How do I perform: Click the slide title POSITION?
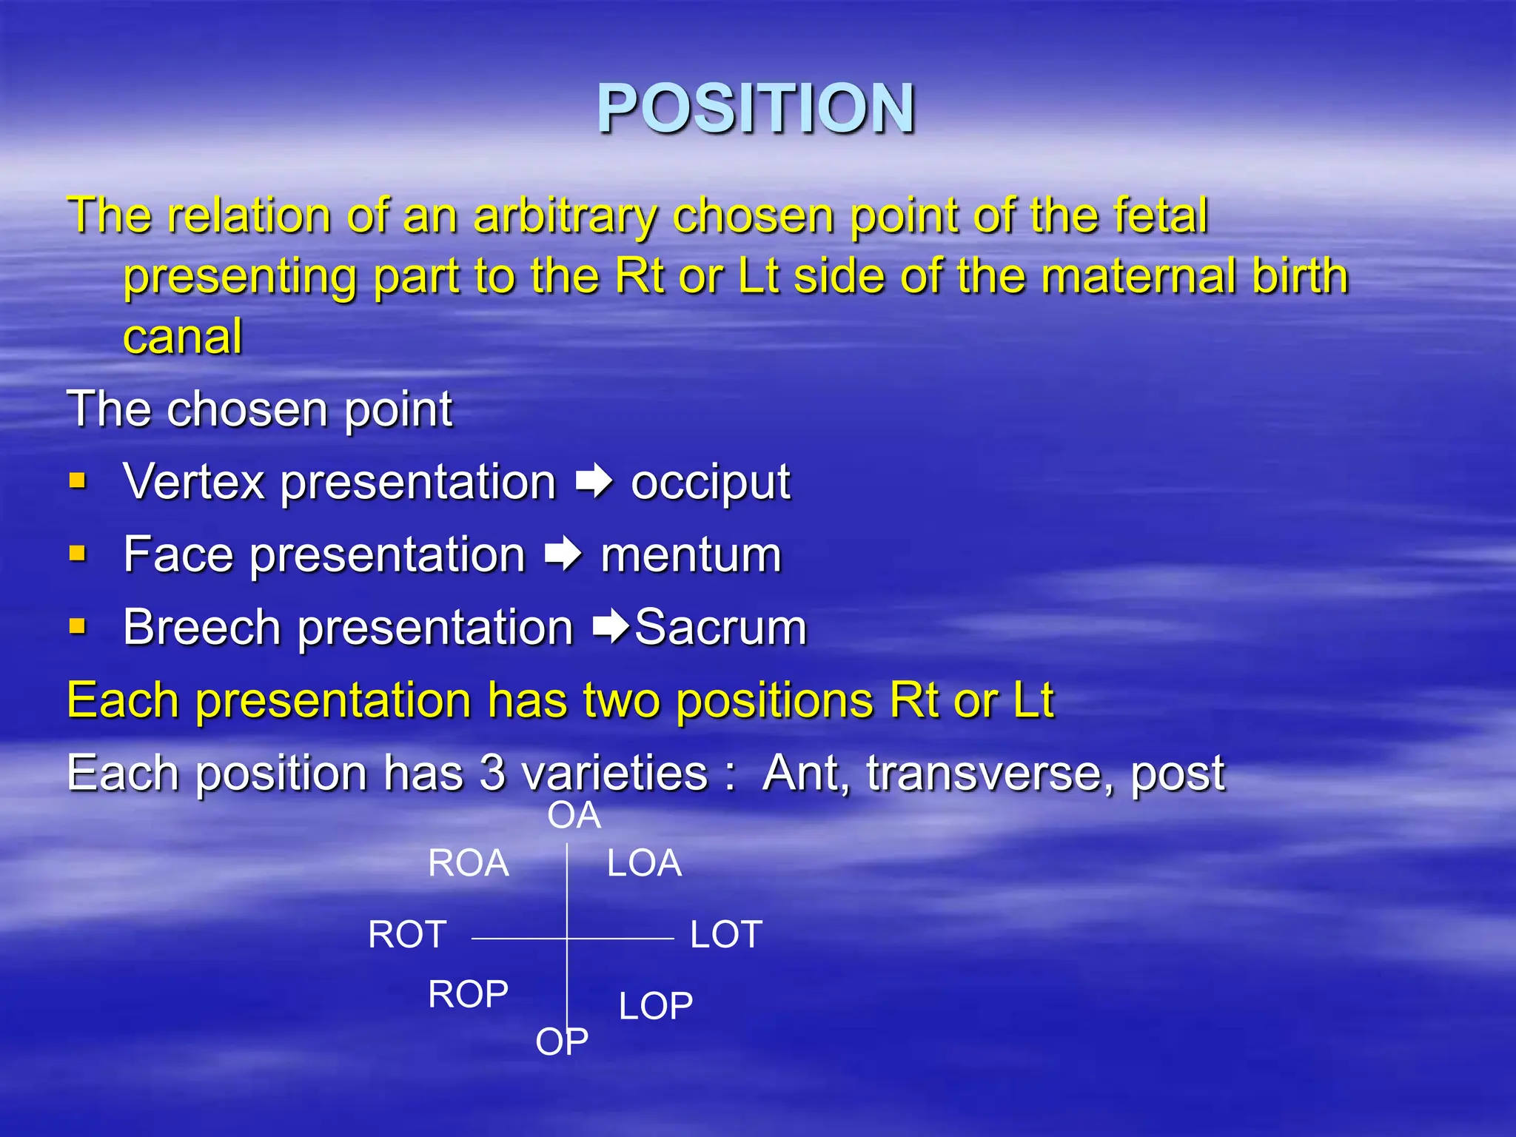pos(756,109)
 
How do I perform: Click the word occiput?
pos(710,483)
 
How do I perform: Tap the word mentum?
pos(691,555)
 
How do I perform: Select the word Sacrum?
pos(720,628)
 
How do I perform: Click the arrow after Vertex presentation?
pos(594,482)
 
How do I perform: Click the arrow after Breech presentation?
pos(611,627)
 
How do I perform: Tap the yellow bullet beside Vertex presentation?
pos(78,482)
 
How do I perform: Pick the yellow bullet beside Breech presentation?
pos(78,627)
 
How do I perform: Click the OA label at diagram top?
pos(574,816)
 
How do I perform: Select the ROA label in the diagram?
pos(469,863)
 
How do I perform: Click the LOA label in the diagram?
pos(644,863)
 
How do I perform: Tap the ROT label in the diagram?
pos(407,934)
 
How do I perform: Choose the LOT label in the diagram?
pos(726,934)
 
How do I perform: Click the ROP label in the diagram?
pos(469,994)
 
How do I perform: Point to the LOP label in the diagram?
pos(656,1006)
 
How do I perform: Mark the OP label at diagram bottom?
pos(562,1042)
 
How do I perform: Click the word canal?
pos(183,337)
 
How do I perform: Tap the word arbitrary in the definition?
pos(565,216)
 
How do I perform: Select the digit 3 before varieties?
pos(492,773)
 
